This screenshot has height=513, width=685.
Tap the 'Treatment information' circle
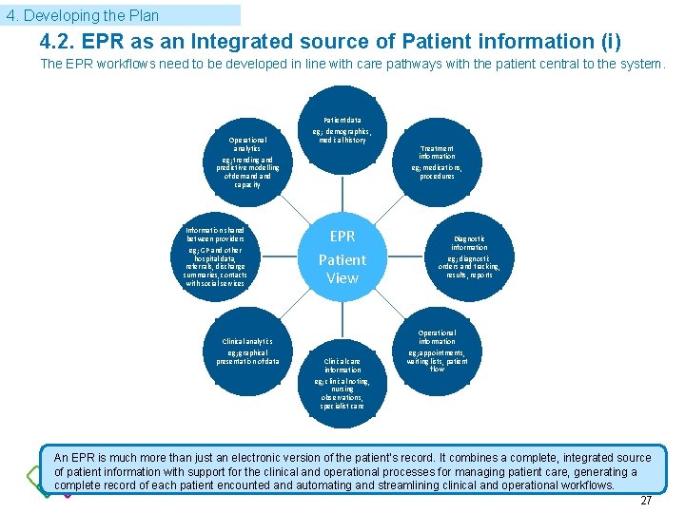pyautogui.click(x=437, y=162)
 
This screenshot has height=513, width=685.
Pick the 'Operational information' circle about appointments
pyautogui.click(x=437, y=350)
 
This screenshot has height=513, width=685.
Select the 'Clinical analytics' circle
pyautogui.click(x=247, y=350)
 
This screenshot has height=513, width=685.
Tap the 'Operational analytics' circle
pyautogui.click(x=247, y=162)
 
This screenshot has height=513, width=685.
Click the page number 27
pyautogui.click(x=646, y=501)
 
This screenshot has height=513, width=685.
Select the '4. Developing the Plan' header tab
pyautogui.click(x=121, y=15)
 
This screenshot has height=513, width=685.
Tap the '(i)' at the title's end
pyautogui.click(x=610, y=42)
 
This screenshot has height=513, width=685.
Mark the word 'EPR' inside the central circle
pyautogui.click(x=342, y=236)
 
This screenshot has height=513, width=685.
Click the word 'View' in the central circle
pyautogui.click(x=342, y=278)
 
